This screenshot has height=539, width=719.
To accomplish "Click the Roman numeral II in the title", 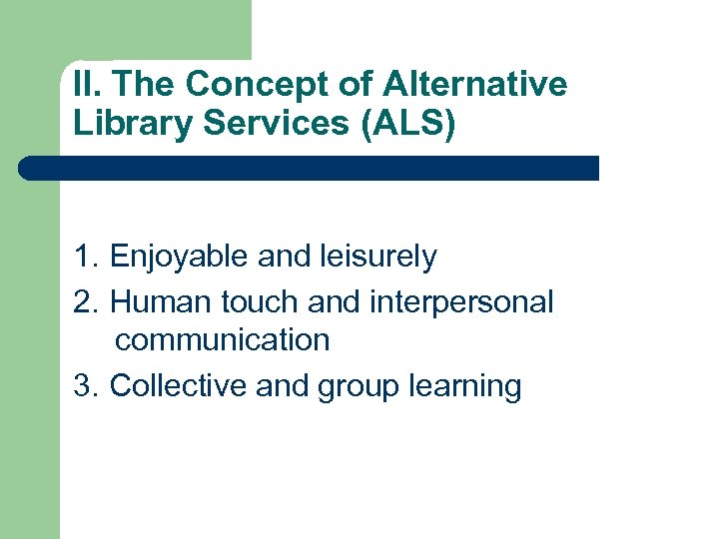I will [83, 85].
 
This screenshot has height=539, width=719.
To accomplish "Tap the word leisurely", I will [378, 258].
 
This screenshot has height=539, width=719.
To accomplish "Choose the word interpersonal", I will [461, 301].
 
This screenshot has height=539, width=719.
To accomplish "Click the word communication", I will [222, 340].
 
